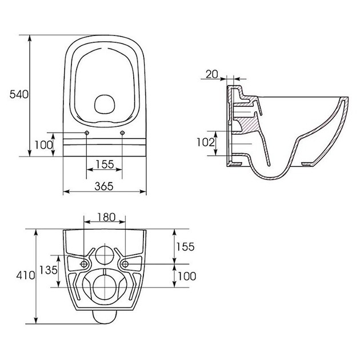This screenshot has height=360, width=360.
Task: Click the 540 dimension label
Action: pos(19,94)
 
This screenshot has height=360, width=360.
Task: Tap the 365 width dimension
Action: pos(104,186)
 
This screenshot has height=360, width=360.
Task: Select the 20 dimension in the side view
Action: pos(211,74)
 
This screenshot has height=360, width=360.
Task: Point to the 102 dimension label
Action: pos(206,142)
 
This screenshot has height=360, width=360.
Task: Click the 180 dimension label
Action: pos(106,217)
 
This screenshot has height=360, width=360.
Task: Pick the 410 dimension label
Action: pos(26,275)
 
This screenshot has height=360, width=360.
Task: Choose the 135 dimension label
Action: pos(49,270)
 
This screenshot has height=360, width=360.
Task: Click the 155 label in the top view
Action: pos(105,165)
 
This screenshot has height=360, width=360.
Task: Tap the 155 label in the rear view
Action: pos(185,247)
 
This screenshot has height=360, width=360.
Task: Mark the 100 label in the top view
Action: pos(43,145)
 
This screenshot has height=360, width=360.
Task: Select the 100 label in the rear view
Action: pos(187,276)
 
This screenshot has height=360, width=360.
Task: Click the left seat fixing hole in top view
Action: pos(87,133)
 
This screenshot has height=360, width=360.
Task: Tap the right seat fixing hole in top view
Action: pos(122,133)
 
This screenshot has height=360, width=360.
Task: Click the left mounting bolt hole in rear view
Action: pos(84,264)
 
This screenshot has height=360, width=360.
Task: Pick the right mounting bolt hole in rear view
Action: pos(125,264)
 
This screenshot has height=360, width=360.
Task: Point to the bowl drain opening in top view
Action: pos(105,105)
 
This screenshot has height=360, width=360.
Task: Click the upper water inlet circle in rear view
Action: pos(105,255)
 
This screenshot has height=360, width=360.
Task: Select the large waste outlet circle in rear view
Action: pos(105,287)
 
